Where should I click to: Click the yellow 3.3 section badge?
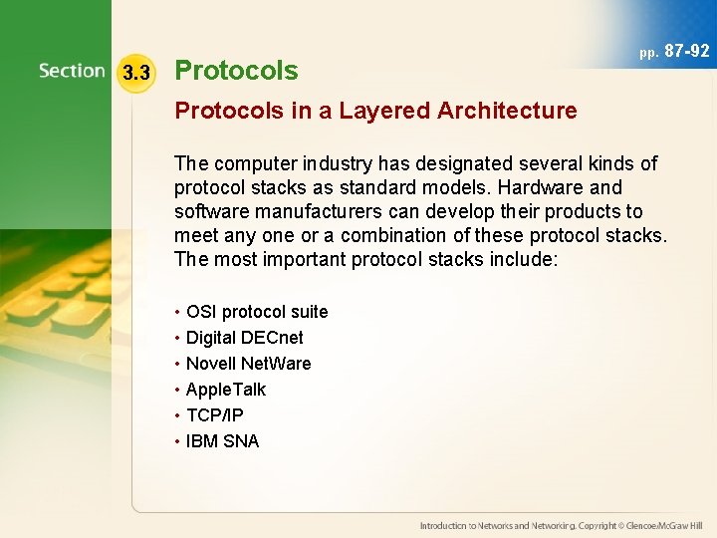tap(135, 73)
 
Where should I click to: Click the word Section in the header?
tap(72, 71)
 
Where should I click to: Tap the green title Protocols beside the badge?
tap(236, 71)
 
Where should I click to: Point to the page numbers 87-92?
tap(687, 51)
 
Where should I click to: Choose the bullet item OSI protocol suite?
tap(257, 312)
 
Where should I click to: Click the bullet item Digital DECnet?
tap(244, 338)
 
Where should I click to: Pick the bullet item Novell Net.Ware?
tap(248, 364)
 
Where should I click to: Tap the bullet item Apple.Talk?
tap(226, 390)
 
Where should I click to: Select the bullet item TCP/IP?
tap(214, 415)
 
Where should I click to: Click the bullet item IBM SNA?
tap(222, 441)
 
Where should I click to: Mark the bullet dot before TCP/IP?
tap(177, 415)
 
